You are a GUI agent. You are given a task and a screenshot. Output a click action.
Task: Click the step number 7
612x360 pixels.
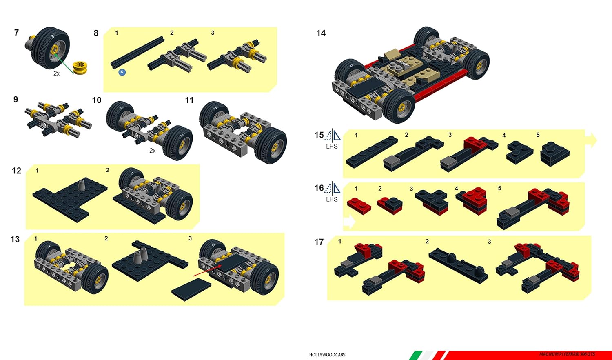(x=16, y=33)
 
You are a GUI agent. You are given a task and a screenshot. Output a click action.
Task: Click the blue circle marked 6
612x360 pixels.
(x=122, y=72)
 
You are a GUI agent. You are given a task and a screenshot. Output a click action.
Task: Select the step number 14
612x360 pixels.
(x=321, y=33)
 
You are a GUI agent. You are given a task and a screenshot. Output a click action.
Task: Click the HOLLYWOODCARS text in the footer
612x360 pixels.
(x=327, y=355)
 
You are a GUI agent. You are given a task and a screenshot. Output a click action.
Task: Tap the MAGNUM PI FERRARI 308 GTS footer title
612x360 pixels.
(x=567, y=354)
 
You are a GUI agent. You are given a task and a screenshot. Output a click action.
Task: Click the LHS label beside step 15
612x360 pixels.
(x=332, y=147)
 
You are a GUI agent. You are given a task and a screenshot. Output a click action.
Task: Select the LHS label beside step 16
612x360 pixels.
(x=332, y=200)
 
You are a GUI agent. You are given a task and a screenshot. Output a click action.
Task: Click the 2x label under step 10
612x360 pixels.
(x=152, y=151)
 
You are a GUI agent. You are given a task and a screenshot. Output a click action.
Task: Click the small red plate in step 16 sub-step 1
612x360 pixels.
(x=359, y=205)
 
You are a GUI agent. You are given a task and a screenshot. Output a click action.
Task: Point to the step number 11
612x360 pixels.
(x=189, y=100)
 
